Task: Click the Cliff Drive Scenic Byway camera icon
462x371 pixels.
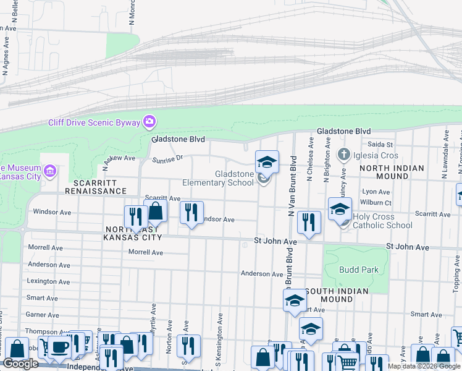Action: coord(149,122)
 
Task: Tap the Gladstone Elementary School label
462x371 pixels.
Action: coord(218,179)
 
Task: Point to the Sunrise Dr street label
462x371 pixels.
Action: coord(168,159)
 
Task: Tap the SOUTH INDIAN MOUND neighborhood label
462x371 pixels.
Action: coord(337,295)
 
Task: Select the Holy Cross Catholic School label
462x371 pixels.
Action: coord(382,221)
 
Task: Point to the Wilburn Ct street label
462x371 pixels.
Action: coord(377,202)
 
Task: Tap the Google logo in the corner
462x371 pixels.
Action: coord(20,364)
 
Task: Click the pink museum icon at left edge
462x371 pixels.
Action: coord(51,169)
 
